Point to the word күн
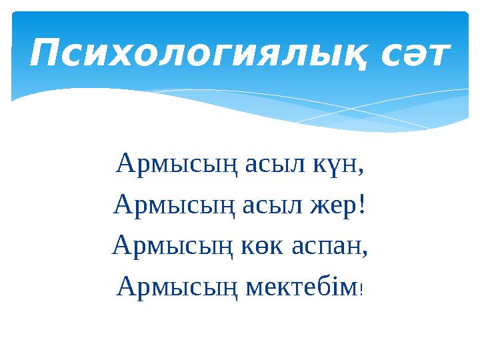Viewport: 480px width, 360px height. tap(327, 163)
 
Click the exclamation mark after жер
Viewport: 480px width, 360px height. tap(362, 203)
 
